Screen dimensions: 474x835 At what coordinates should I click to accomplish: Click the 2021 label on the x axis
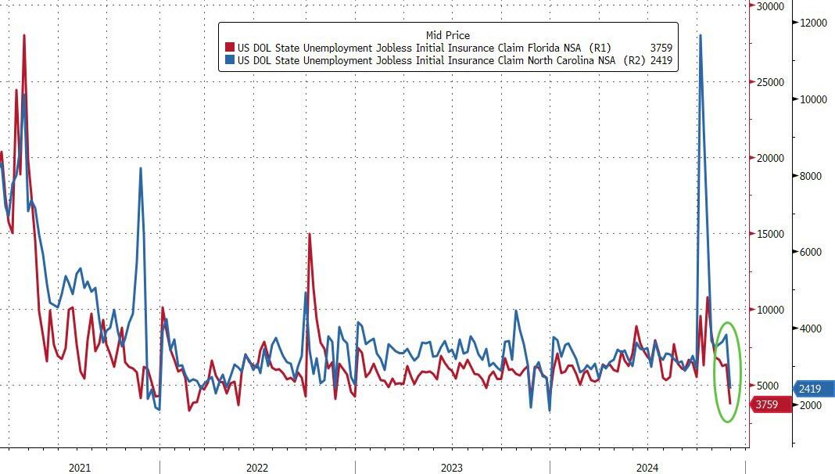[80, 468]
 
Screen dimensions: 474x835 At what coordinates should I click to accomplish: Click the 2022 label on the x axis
[257, 468]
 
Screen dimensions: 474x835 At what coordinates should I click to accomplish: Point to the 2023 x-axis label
[452, 468]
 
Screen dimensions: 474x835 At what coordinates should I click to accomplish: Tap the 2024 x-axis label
[647, 468]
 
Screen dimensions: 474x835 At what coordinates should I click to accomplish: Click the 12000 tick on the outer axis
[812, 23]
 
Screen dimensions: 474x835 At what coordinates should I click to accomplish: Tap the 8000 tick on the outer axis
[810, 176]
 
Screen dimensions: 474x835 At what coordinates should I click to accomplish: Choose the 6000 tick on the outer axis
[810, 252]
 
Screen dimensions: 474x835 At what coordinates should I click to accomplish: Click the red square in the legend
[230, 48]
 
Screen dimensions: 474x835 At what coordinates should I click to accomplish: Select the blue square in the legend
[230, 60]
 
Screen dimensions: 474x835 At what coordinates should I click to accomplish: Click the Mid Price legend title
[448, 35]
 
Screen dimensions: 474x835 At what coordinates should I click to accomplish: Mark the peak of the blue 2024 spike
[700, 35]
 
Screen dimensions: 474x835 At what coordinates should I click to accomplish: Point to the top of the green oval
[727, 322]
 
